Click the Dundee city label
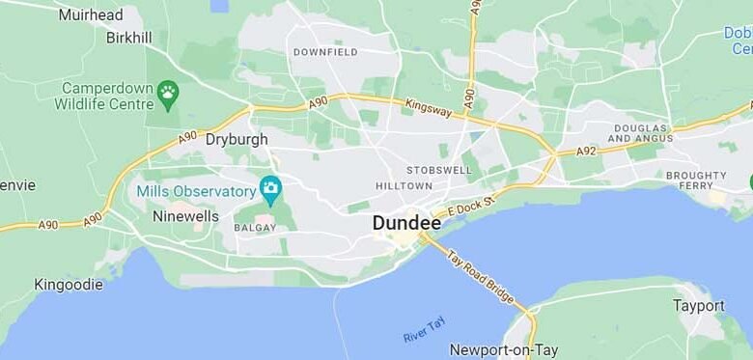(406, 223)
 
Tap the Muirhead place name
(91, 14)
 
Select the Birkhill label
(128, 38)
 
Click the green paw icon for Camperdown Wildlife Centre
(169, 93)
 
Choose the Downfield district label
(324, 52)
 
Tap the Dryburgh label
(237, 139)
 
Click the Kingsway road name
(428, 108)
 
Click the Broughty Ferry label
(695, 180)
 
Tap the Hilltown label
(404, 186)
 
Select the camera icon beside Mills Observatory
(271, 187)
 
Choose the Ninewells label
(185, 216)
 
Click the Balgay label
(255, 228)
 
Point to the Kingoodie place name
(68, 285)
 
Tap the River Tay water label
(423, 330)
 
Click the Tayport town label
(698, 306)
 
